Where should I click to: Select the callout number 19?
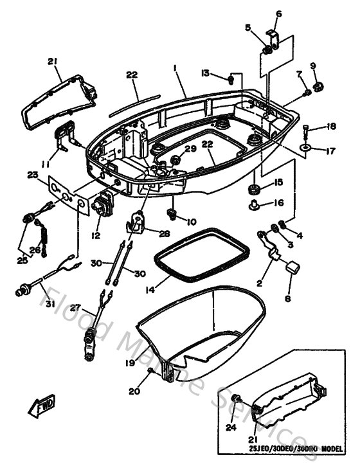pos(130,363)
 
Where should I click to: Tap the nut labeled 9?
pos(317,85)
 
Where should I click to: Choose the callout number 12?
pos(95,237)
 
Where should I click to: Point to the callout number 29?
pos(190,149)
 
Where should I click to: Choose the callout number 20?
pos(134,390)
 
